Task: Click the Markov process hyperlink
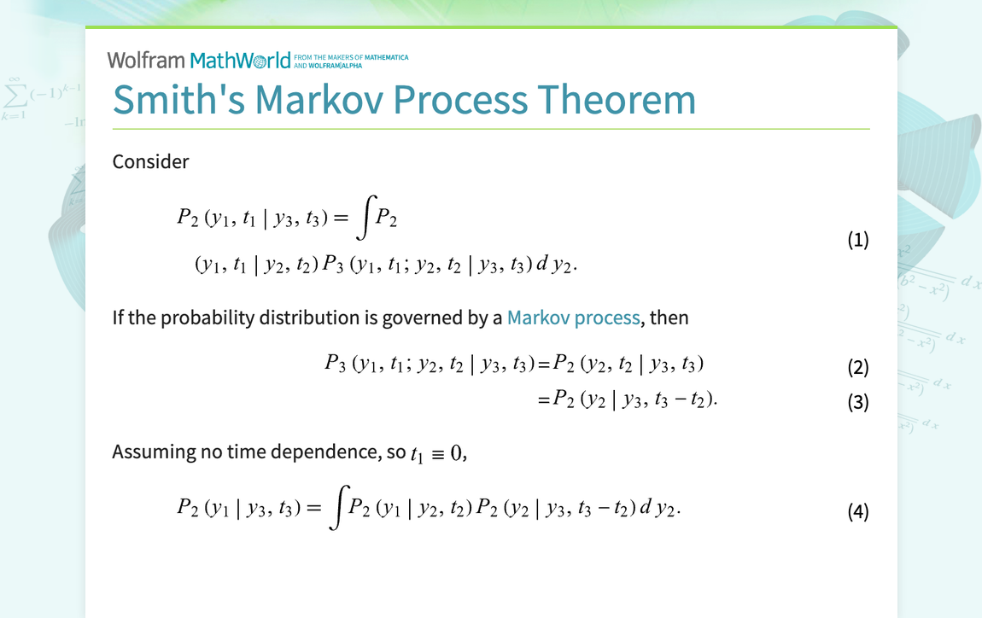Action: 573,318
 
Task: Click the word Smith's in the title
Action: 178,100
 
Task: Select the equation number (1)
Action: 857,240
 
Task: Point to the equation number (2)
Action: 857,368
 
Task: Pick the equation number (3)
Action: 857,402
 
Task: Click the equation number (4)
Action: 857,512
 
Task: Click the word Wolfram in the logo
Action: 146,60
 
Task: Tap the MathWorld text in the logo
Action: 240,60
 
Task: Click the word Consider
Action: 150,161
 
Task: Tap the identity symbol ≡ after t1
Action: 437,453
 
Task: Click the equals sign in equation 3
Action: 542,399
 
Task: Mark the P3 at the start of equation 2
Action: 334,364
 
